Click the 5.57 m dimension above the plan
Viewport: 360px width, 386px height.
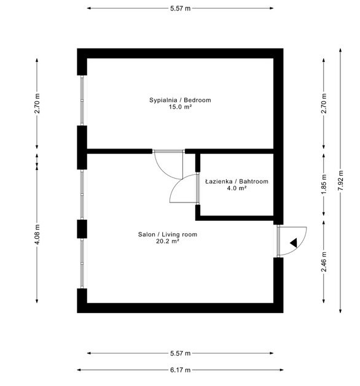point(180,9)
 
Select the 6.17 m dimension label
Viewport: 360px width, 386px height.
point(180,370)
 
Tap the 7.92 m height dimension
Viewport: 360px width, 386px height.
point(340,180)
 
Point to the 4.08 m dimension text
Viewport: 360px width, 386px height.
point(37,234)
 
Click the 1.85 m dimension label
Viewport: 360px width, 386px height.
point(324,184)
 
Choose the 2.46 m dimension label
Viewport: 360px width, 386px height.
point(324,261)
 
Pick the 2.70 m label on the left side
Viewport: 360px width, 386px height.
point(37,103)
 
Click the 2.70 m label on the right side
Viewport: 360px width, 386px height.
point(324,103)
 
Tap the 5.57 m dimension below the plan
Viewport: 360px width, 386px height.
point(180,353)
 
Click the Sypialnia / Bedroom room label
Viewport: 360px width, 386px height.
point(180,100)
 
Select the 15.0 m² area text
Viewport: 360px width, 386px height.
point(180,107)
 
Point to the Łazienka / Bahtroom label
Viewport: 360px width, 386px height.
point(237,182)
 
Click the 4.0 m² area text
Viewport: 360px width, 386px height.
point(237,188)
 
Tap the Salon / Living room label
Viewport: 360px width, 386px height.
point(168,234)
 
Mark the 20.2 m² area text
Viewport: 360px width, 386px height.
point(168,241)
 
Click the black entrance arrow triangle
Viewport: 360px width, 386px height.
point(294,243)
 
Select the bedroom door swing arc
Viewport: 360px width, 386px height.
point(164,171)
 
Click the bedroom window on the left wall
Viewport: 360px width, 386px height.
point(82,101)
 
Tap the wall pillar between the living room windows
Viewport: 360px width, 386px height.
point(82,229)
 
